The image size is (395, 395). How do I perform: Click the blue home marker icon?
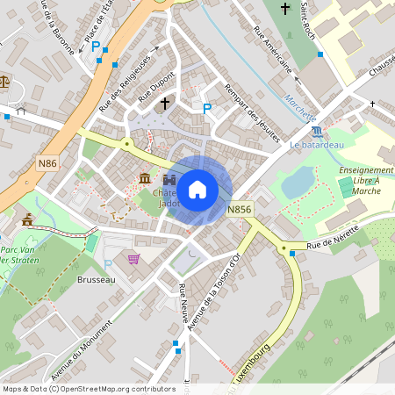197,189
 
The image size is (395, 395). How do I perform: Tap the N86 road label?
49,163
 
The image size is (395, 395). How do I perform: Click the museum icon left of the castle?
144,179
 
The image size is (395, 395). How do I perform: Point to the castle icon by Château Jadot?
169,179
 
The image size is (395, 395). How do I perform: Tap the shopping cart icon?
133,258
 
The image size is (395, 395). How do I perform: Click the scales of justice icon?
5,82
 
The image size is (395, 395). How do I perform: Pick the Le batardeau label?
316,144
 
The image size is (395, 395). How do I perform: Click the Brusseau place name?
96,279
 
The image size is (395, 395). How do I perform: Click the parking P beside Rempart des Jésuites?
207,108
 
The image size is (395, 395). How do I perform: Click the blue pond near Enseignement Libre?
298,182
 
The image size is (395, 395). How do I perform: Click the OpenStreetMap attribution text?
88,389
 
